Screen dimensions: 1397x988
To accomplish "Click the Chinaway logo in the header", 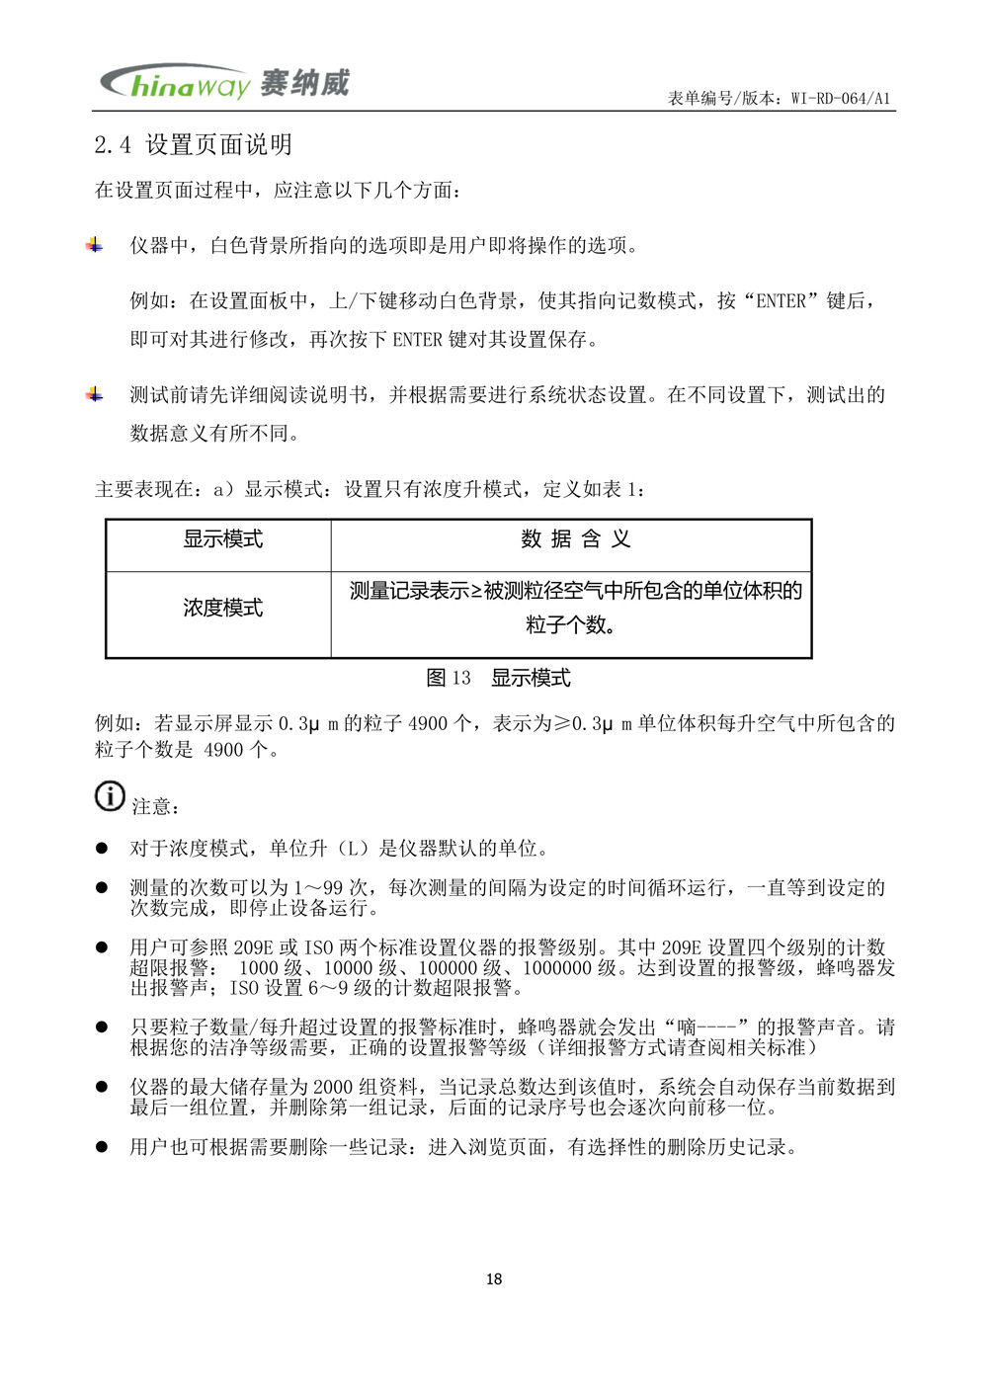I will point(224,83).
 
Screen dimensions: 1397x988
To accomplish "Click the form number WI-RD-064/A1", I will point(841,98).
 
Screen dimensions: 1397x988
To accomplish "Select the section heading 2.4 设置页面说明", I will point(194,145).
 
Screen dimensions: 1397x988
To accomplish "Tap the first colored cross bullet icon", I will point(95,245).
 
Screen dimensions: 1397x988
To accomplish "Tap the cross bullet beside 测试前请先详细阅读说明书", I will point(95,395).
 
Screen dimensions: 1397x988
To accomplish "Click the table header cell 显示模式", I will point(222,539).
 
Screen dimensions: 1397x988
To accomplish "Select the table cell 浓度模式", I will point(222,608).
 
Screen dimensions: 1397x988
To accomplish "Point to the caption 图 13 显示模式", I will point(498,678).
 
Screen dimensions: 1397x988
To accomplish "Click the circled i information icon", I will point(110,796).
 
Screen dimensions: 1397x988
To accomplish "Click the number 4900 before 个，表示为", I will point(427,724).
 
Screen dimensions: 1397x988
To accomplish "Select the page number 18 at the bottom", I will point(494,1279).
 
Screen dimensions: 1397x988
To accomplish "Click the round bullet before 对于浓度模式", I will point(101,849).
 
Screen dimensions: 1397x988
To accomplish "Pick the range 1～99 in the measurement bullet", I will point(318,888).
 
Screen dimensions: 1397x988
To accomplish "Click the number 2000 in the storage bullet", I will point(333,1087).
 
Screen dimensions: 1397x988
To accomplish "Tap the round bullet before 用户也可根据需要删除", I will point(101,1147).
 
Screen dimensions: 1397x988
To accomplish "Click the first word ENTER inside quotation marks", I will point(782,301).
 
